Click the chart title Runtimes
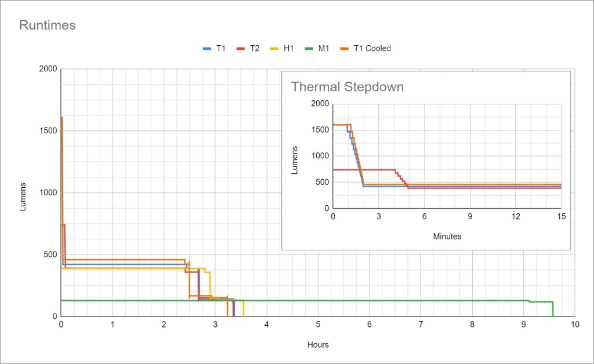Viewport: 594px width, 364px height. point(48,26)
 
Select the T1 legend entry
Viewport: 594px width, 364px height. point(220,49)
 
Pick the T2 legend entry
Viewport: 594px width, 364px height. point(255,49)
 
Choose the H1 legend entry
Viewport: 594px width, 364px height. point(289,49)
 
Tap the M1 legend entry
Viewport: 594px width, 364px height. point(323,49)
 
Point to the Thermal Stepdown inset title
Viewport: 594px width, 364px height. point(347,87)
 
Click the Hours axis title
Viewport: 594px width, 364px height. point(318,345)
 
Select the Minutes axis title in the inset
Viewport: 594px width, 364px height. point(447,236)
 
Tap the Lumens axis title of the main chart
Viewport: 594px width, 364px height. point(23,196)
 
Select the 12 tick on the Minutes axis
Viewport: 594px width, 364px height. point(516,216)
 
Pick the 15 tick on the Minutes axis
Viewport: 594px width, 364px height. point(561,216)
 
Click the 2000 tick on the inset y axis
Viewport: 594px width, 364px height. point(319,104)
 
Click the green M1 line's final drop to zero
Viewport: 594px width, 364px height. point(553,310)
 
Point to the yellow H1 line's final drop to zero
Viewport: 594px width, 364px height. point(244,308)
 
